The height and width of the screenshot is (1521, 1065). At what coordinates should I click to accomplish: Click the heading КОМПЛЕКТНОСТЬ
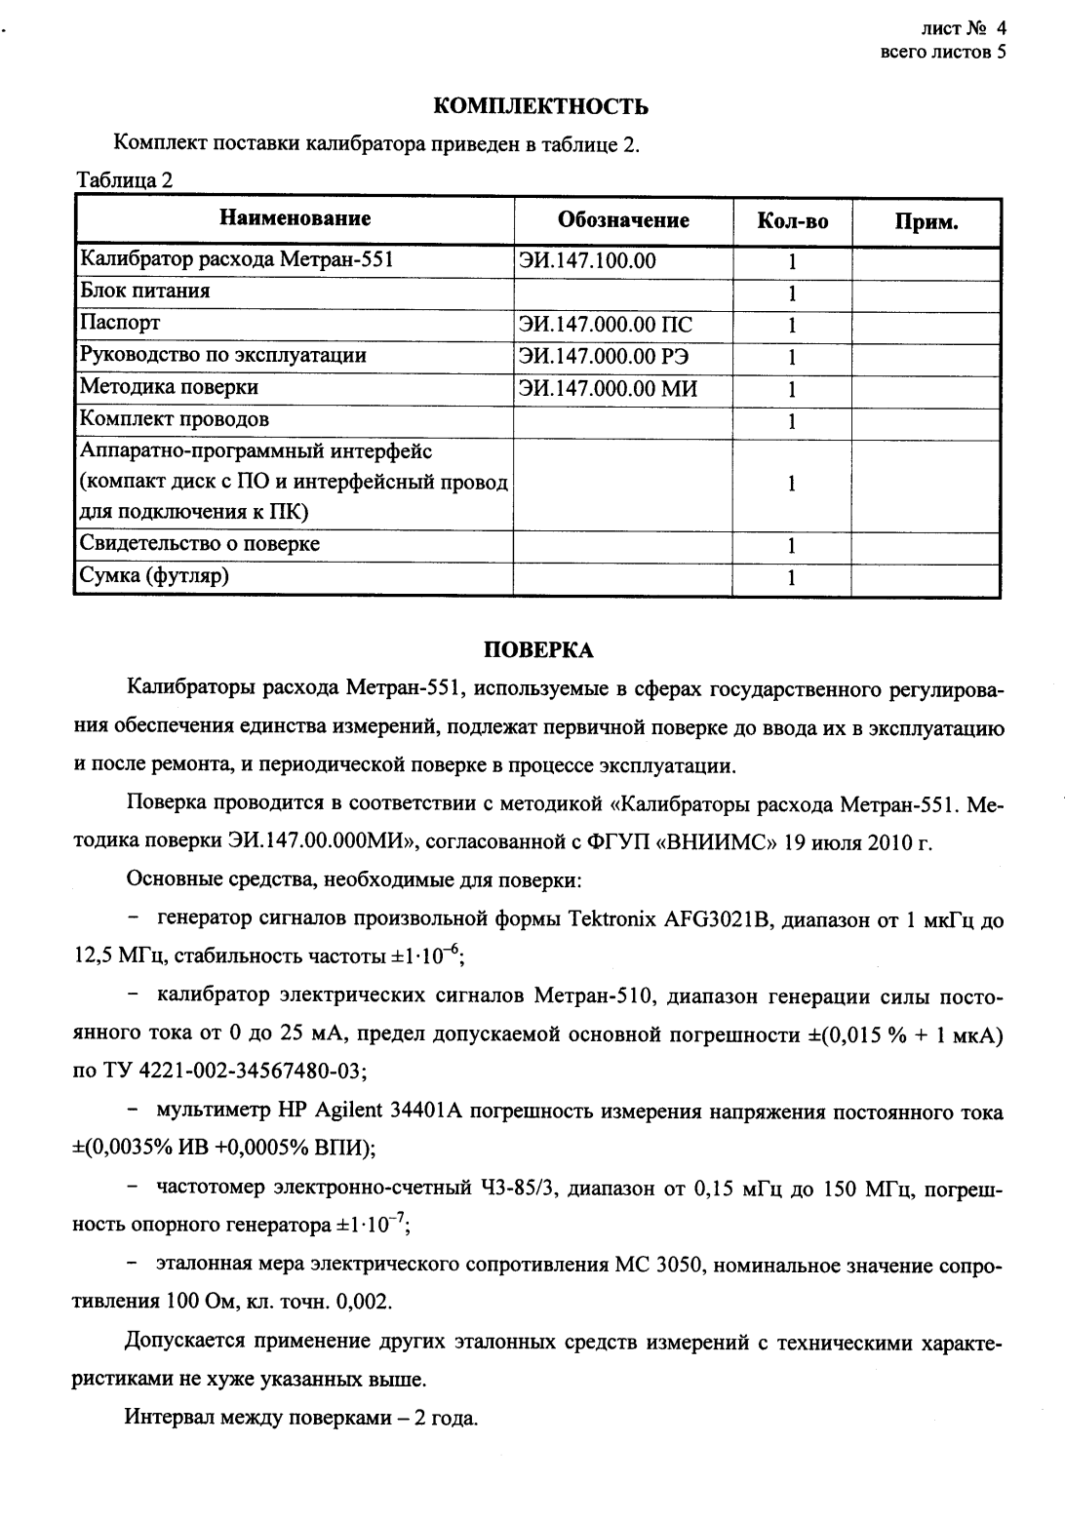pyautogui.click(x=539, y=106)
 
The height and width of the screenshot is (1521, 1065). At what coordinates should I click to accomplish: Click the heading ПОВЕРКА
pyautogui.click(x=538, y=649)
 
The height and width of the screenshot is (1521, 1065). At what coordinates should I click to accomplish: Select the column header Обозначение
pyautogui.click(x=623, y=220)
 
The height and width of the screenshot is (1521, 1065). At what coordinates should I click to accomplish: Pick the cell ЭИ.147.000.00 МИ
pyautogui.click(x=610, y=389)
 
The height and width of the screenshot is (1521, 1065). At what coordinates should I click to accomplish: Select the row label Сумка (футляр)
pyautogui.click(x=154, y=575)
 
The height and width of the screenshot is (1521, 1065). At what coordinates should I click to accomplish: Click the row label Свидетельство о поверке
pyautogui.click(x=199, y=543)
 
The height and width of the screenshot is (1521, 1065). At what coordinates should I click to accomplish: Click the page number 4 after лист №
pyautogui.click(x=1000, y=29)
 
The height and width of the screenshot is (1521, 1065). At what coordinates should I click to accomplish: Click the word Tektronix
pyautogui.click(x=612, y=918)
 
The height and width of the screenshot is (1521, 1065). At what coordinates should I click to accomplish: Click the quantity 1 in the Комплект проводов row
pyautogui.click(x=792, y=421)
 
